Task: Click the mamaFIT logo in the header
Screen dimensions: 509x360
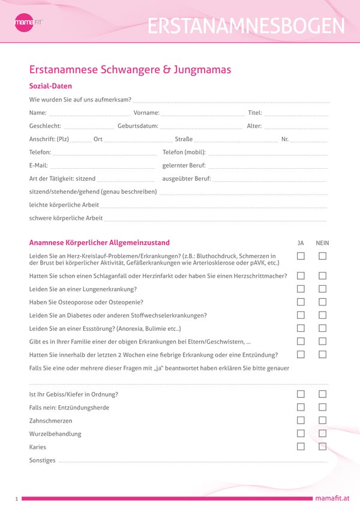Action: point(28,22)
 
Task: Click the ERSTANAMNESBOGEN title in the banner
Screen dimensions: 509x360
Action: point(246,26)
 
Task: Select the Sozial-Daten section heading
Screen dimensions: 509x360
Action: point(50,86)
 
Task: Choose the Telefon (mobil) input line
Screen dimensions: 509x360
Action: point(268,153)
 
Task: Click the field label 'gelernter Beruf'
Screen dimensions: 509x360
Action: point(184,165)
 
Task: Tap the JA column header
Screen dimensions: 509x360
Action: point(301,243)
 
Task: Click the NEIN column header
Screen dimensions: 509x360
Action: point(323,243)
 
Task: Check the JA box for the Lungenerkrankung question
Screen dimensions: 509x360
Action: point(301,289)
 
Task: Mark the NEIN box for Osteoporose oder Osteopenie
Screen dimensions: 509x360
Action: point(323,302)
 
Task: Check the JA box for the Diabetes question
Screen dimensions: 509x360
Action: point(301,315)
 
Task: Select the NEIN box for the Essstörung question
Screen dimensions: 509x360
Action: point(323,328)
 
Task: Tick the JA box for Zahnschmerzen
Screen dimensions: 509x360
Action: point(301,421)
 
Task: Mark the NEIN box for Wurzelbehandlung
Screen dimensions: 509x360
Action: point(323,433)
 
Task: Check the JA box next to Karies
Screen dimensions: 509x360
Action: point(301,447)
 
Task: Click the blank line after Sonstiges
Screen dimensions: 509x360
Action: point(192,462)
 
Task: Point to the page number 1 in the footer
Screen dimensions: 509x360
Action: point(17,499)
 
